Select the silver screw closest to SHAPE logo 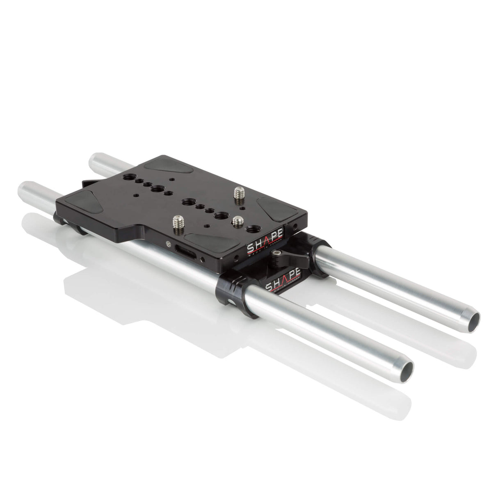click(238, 222)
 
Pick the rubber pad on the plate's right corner click(274, 206)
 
